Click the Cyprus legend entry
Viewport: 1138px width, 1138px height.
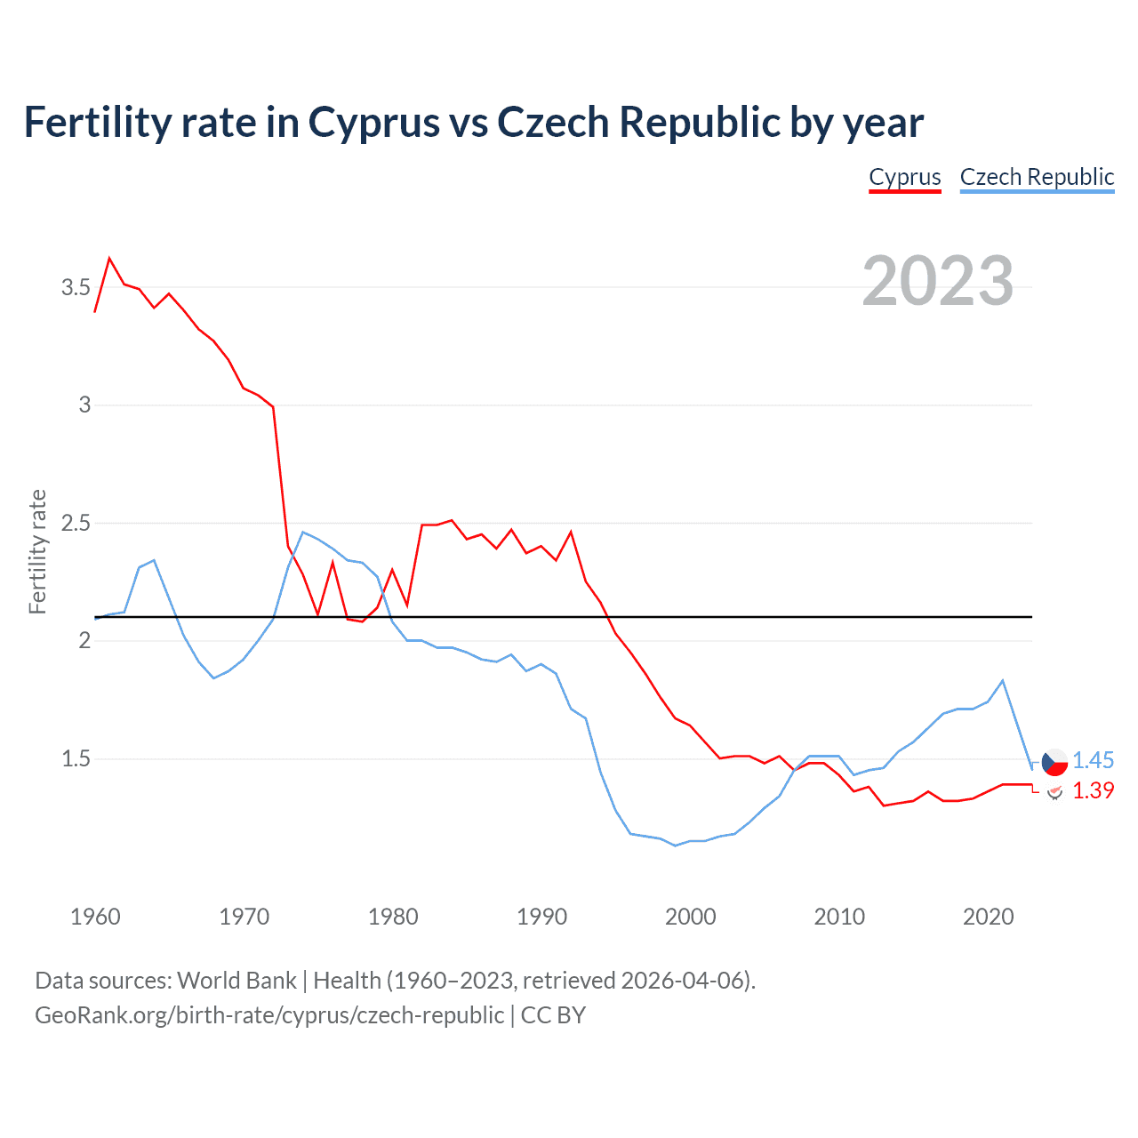coord(904,177)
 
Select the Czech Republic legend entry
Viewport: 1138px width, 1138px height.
coord(1037,177)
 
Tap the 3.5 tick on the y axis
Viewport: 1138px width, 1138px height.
coord(76,287)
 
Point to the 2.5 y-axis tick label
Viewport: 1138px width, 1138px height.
coord(76,523)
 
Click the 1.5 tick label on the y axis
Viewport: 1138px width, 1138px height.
coord(76,758)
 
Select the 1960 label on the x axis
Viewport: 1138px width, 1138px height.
coord(95,917)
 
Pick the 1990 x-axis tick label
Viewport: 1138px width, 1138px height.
coord(541,917)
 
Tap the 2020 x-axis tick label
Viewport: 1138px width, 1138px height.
coord(988,917)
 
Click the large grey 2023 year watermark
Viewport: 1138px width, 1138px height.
coord(937,281)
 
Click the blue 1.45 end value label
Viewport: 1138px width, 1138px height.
coord(1093,760)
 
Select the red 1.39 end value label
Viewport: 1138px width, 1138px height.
coord(1093,790)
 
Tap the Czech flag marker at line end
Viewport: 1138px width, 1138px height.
coord(1054,762)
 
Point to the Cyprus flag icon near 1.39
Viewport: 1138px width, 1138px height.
coord(1054,791)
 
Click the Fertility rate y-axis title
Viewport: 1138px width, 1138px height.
coord(37,551)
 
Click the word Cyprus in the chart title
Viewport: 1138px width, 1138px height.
coord(373,122)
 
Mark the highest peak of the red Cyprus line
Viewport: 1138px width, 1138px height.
coord(109,258)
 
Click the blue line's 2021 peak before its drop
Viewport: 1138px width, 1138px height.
coord(1003,680)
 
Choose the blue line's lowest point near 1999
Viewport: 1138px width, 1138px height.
coord(676,845)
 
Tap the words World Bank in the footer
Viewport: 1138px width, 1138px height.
coord(236,980)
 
